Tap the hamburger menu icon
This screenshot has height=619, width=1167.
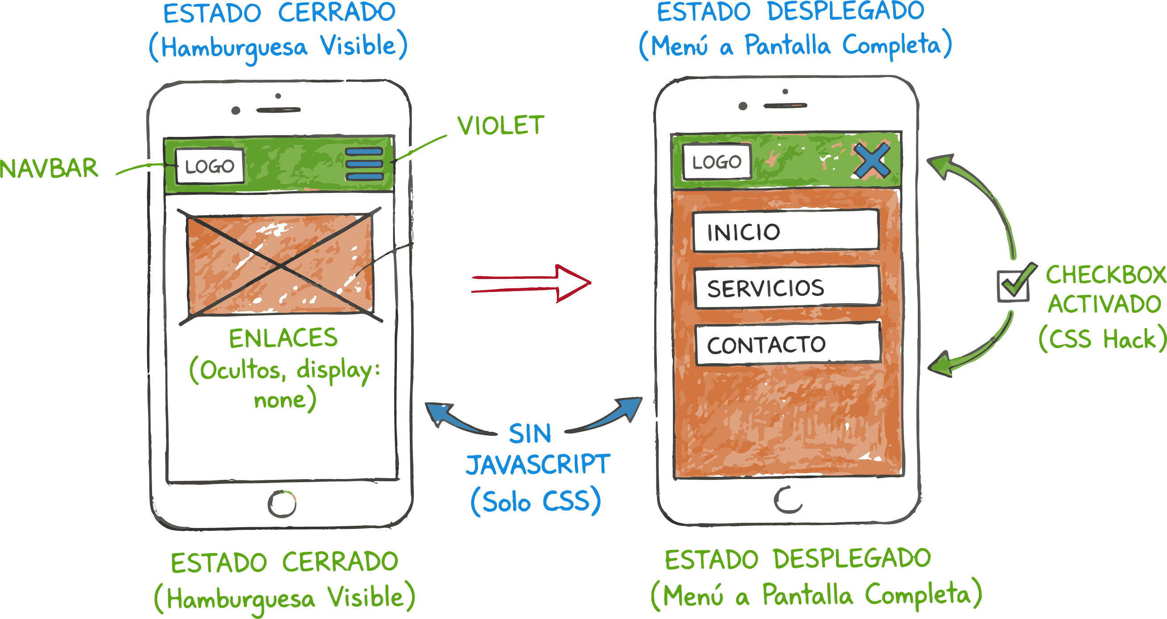364,164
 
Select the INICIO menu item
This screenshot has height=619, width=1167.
786,231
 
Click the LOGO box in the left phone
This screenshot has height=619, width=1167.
210,166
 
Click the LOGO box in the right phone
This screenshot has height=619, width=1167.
717,162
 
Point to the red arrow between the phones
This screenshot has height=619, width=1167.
531,283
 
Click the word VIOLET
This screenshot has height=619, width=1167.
500,125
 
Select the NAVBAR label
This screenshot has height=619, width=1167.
49,168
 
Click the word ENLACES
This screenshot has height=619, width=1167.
283,338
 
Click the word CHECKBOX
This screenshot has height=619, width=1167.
1105,275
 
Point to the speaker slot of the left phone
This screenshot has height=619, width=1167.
278,110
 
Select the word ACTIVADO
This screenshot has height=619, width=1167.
1105,304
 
